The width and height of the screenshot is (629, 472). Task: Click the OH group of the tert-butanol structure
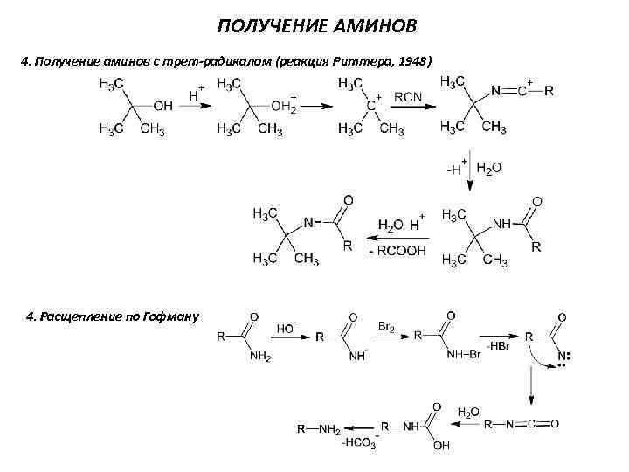(x=162, y=106)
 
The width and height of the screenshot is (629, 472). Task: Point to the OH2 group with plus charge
(x=284, y=107)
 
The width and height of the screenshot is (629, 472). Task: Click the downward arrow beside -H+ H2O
(x=470, y=173)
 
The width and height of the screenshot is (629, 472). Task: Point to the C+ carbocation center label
(x=372, y=105)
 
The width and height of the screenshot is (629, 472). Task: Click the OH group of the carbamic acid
(x=440, y=446)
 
